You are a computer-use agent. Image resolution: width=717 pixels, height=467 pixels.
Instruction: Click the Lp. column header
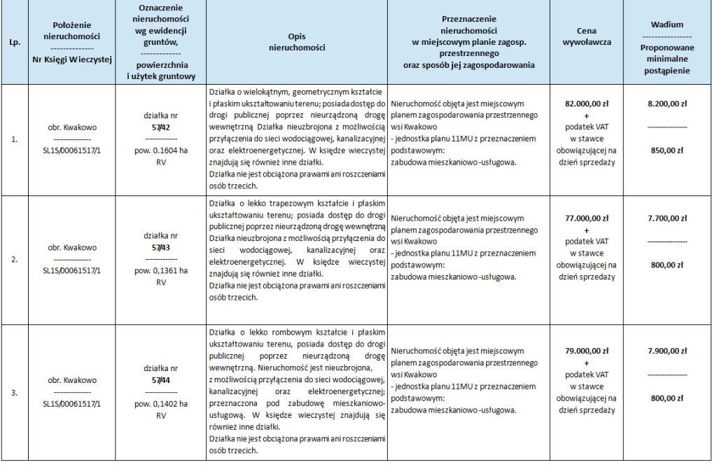click(14, 42)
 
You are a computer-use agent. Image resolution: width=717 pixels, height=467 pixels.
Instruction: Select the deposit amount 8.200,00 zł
click(667, 103)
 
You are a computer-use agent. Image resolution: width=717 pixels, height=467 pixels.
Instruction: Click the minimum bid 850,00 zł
click(667, 149)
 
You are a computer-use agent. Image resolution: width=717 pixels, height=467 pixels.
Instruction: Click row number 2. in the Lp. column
click(14, 259)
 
